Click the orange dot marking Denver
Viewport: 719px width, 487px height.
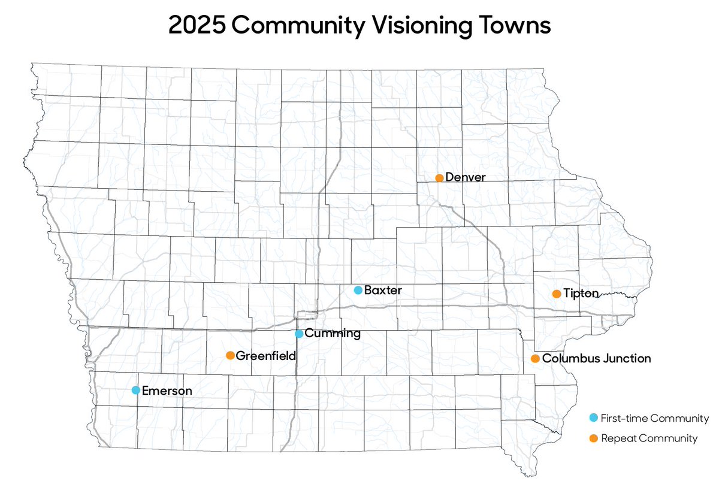click(439, 178)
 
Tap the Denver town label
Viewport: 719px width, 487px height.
click(465, 178)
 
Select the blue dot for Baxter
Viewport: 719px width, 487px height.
click(358, 291)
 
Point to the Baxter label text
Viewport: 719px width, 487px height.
click(383, 291)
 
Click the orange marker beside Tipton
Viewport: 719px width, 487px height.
click(556, 294)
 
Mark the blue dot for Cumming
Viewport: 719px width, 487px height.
click(299, 334)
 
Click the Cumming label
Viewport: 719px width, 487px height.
click(333, 334)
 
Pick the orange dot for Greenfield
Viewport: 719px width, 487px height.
click(230, 356)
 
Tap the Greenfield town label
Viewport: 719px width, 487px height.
click(266, 356)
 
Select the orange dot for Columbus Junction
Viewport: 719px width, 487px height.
click(535, 359)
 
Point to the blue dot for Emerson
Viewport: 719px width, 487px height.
click(136, 391)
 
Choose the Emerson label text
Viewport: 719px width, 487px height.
click(167, 391)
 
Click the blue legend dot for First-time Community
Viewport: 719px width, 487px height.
click(593, 418)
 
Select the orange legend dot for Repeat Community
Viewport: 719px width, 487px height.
click(593, 438)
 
